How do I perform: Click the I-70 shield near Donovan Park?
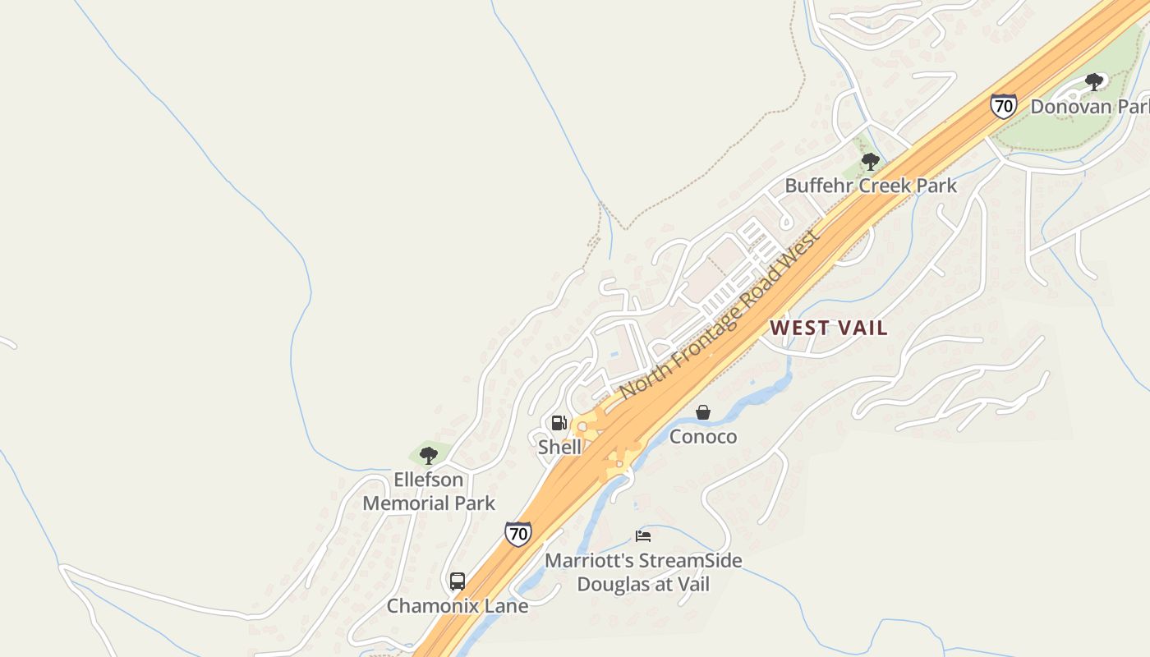pos(1003,106)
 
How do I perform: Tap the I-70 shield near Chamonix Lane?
pos(517,534)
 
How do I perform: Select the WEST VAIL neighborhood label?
pos(828,328)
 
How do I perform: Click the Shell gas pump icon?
pos(559,423)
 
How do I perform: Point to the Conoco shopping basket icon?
pos(703,412)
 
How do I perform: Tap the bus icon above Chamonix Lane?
pos(458,581)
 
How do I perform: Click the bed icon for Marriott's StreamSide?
pos(643,536)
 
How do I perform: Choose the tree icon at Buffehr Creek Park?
pos(871,162)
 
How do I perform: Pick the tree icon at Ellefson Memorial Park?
pos(428,455)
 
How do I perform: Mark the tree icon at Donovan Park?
pos(1093,81)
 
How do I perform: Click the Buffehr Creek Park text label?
pos(871,186)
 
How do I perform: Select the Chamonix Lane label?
pos(458,606)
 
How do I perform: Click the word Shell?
pos(559,448)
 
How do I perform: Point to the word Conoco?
pos(703,436)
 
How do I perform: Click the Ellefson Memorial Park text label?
pos(429,491)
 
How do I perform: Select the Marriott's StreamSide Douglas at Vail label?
pos(643,572)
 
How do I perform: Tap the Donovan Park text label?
pos(1088,107)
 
